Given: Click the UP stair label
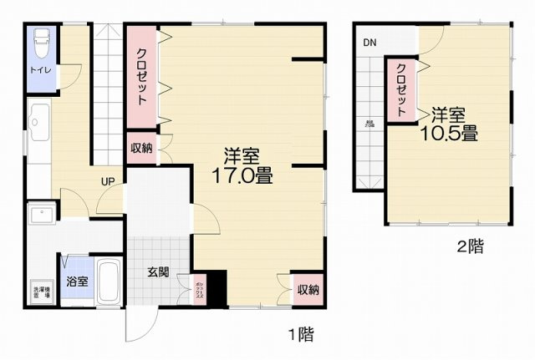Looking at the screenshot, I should [109, 181].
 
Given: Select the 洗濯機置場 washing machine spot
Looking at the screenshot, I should [40, 292].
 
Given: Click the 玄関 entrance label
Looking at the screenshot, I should [159, 272].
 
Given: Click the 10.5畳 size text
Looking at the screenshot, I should [454, 132].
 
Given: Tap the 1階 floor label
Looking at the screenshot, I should [301, 336].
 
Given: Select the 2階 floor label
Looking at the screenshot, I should [469, 247].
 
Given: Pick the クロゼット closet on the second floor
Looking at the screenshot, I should [401, 89].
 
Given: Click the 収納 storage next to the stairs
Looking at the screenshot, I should [140, 149].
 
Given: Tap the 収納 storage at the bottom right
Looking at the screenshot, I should [307, 290].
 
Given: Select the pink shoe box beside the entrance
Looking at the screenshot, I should [199, 289].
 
